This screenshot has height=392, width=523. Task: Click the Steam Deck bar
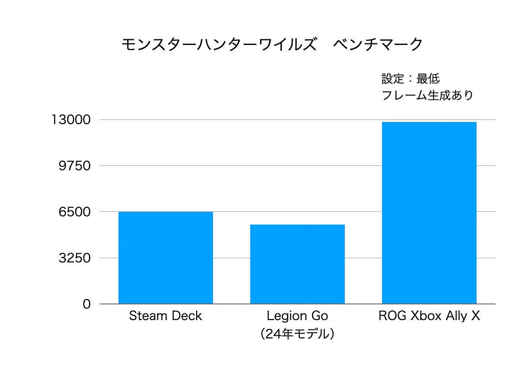(x=165, y=258)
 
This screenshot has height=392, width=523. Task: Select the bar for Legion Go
(x=297, y=264)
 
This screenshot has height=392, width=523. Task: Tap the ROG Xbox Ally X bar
(x=429, y=213)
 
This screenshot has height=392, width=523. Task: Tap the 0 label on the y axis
(x=86, y=304)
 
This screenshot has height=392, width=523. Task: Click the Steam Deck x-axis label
(x=165, y=316)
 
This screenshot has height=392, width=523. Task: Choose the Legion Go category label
(x=297, y=316)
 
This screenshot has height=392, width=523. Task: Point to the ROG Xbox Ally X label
(x=429, y=316)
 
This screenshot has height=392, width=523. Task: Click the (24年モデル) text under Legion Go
(x=297, y=334)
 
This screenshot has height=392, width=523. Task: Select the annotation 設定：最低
(x=411, y=79)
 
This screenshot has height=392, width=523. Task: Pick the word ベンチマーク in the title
(x=378, y=44)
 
